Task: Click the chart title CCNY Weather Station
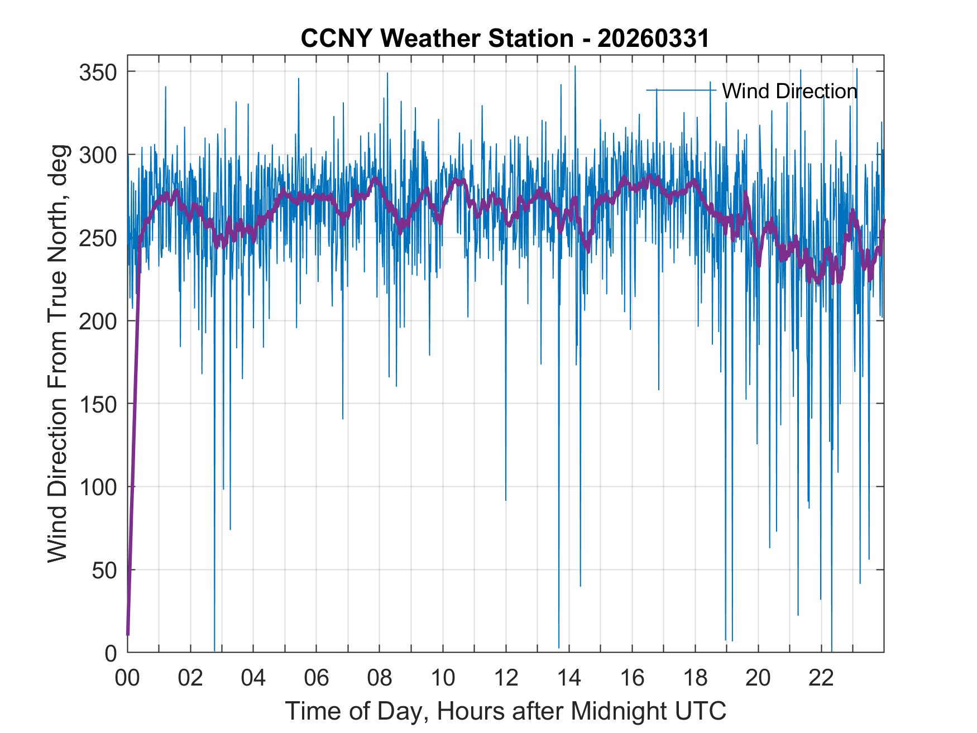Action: [x=437, y=39]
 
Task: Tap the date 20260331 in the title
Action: [x=653, y=39]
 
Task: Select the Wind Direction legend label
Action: [x=789, y=91]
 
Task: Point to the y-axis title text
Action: [x=58, y=353]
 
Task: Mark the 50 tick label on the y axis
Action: [x=104, y=570]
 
